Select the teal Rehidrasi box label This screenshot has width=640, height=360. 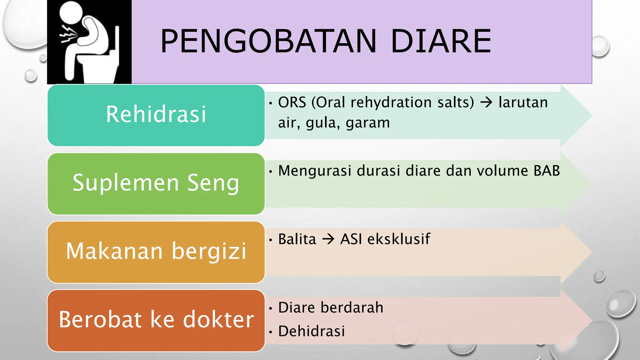156,114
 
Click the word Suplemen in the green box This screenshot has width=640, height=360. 126,183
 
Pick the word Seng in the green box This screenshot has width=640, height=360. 213,183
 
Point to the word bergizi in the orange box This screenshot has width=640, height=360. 209,252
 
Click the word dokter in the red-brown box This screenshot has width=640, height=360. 218,320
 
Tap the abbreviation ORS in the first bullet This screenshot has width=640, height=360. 292,102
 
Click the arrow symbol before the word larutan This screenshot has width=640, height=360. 486,102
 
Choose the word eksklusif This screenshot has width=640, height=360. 399,239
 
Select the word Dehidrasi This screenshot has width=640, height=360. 312,331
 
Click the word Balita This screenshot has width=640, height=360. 297,239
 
